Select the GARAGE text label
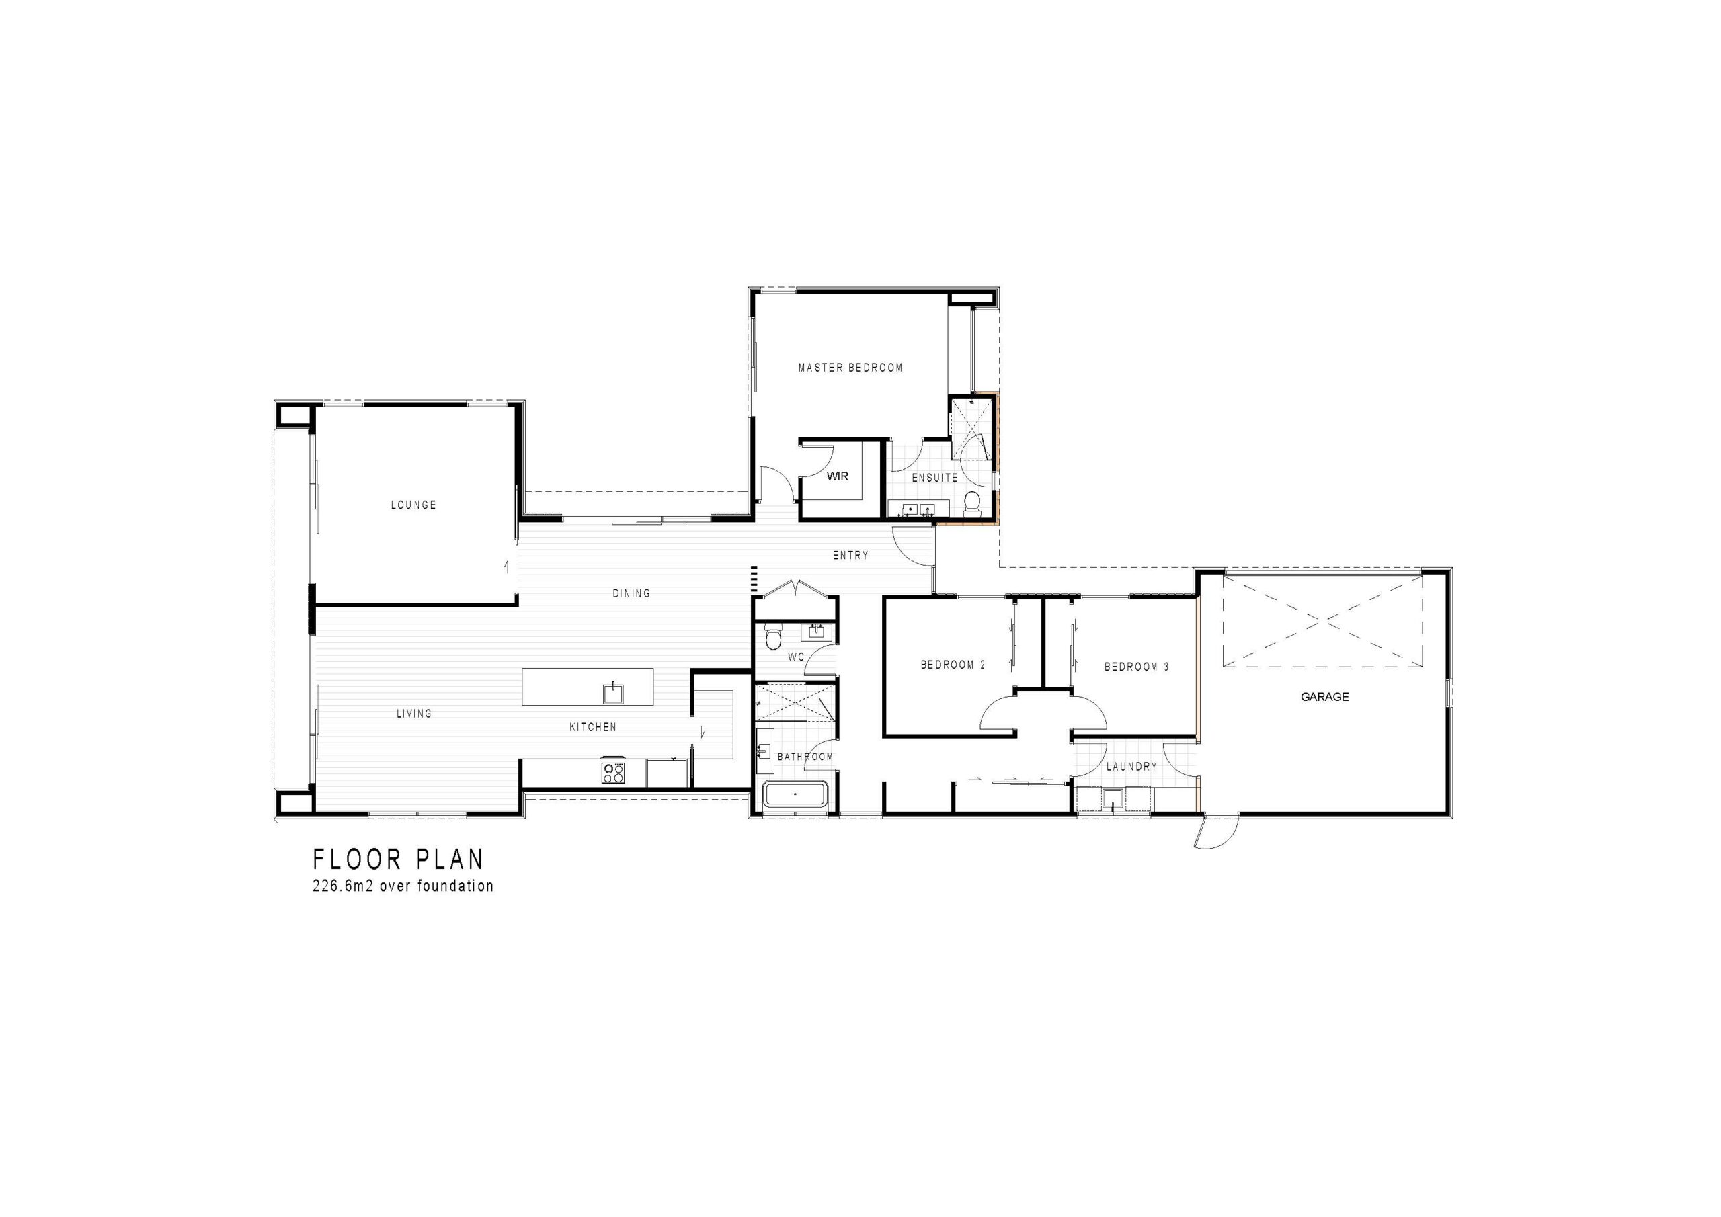coord(1324,697)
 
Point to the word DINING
coord(631,593)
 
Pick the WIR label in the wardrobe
coord(837,476)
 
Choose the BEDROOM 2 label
coord(953,665)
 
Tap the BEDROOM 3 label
coord(1136,667)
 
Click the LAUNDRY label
coord(1131,767)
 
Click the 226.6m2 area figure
coord(344,886)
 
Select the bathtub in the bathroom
coord(795,794)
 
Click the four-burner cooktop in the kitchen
coord(613,773)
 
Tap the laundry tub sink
coord(1113,800)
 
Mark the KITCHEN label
coord(593,727)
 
